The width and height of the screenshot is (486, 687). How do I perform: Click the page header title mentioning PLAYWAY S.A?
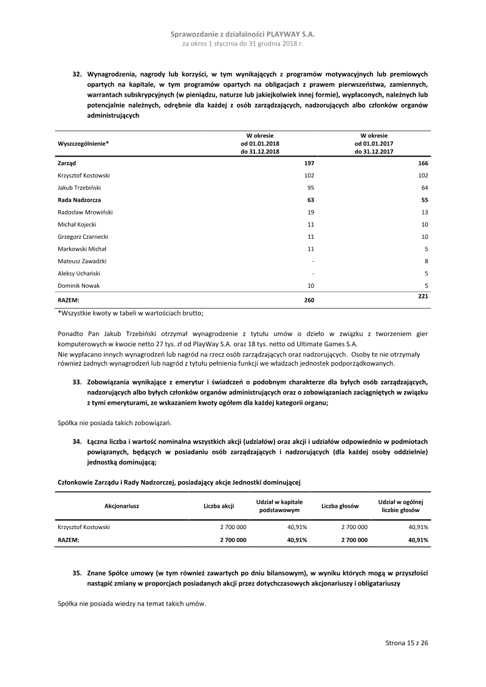[243, 35]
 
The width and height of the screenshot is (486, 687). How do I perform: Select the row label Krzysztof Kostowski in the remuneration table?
[84, 176]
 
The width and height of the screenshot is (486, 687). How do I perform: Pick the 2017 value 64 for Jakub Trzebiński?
[425, 188]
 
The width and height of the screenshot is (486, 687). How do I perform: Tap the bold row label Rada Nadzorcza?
[79, 200]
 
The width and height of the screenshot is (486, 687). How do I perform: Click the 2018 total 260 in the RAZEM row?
[309, 300]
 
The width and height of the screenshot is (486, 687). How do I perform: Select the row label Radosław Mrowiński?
[85, 212]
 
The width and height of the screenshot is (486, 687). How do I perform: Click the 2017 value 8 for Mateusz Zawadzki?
[426, 261]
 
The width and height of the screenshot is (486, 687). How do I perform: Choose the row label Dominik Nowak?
[78, 285]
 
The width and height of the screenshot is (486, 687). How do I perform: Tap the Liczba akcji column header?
[219, 506]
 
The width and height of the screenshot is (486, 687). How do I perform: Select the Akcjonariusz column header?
[122, 506]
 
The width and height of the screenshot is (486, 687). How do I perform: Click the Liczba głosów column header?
[340, 506]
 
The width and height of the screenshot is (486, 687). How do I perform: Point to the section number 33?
[77, 381]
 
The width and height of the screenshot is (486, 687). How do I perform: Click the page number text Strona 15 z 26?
[407, 643]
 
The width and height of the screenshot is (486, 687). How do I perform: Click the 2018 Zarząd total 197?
[309, 163]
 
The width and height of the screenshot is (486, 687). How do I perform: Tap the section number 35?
[77, 573]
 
